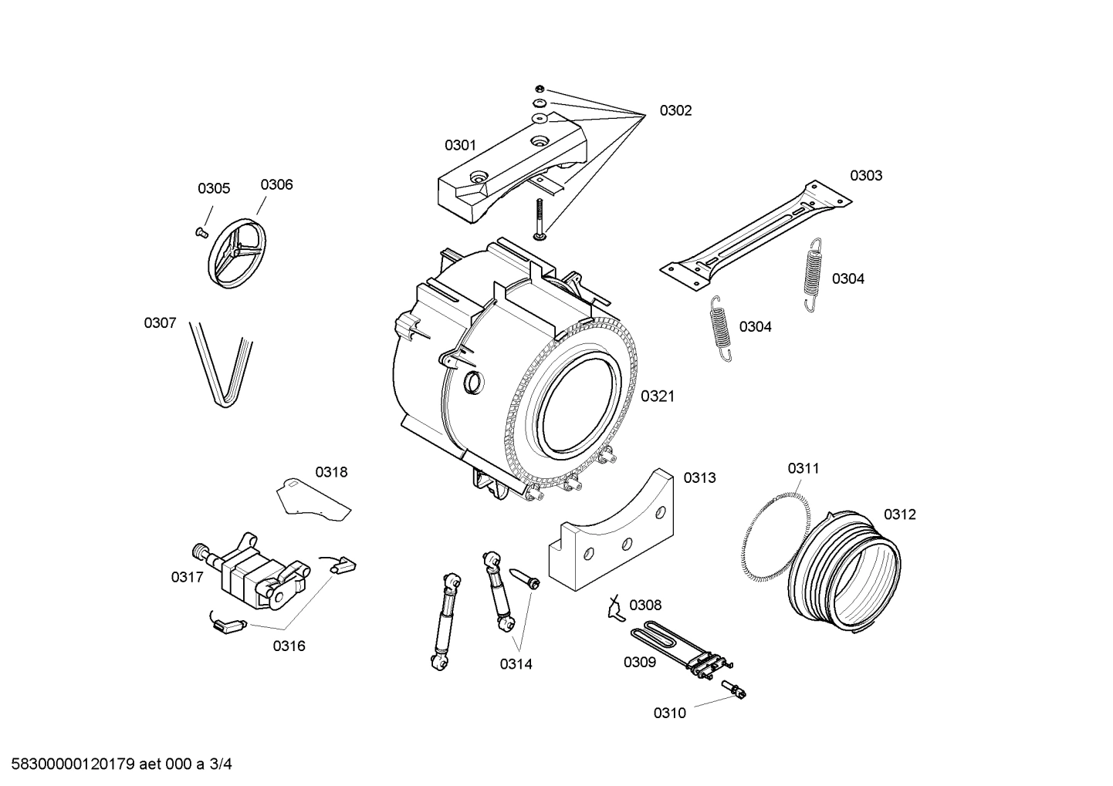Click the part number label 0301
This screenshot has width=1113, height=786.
point(460,145)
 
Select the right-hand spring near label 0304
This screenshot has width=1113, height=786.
point(813,273)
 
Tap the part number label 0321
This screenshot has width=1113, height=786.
point(658,396)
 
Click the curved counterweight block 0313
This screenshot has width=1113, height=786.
point(617,536)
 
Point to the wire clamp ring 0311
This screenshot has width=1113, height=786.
point(772,532)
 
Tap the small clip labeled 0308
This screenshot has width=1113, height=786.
point(615,609)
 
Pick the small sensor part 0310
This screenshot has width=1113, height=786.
point(736,690)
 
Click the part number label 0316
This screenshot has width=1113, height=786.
point(289,646)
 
